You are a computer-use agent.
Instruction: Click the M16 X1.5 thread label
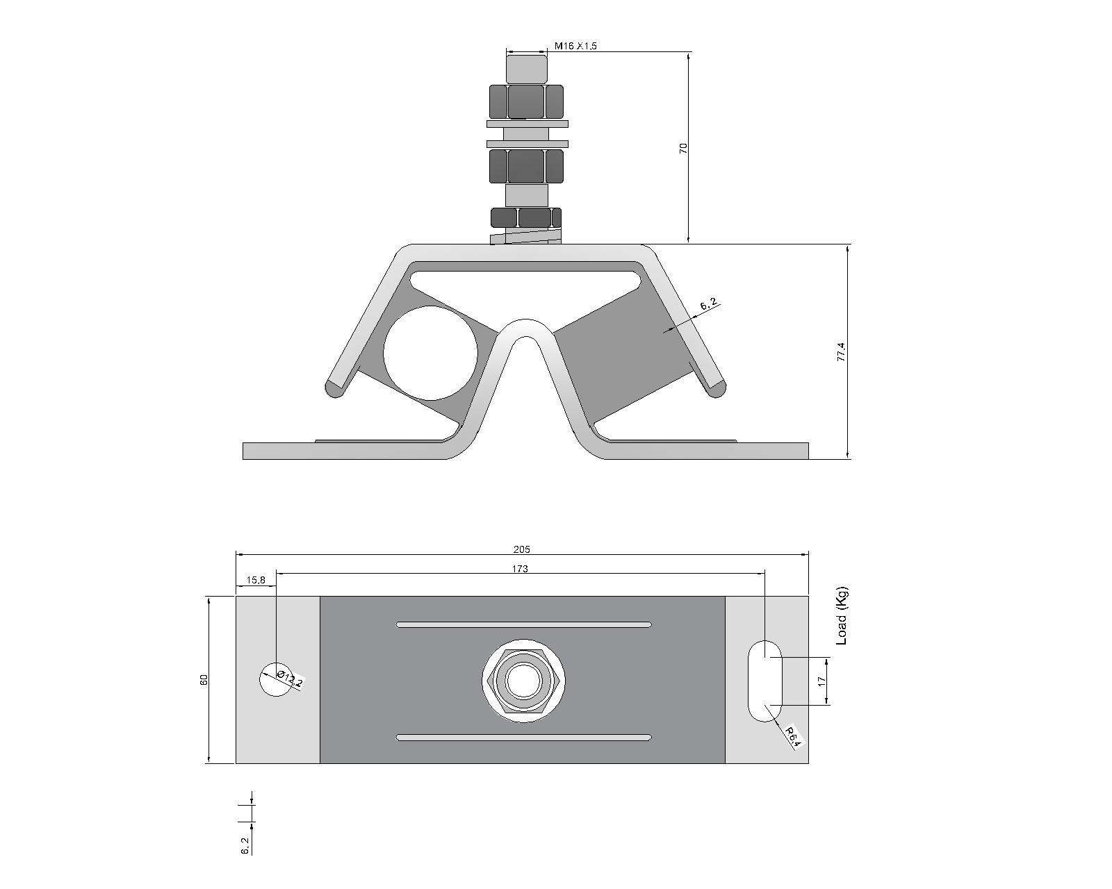coord(575,46)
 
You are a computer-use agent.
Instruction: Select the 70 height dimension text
coord(683,148)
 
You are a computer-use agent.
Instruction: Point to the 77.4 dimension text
coord(841,351)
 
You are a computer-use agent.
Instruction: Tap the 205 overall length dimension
coord(521,549)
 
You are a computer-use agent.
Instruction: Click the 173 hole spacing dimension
coord(520,568)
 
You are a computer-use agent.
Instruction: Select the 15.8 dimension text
coord(255,580)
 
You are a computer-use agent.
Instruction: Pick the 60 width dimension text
coord(204,679)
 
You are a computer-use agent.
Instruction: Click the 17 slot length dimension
coord(821,681)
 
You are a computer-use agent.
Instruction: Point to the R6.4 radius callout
coord(793,737)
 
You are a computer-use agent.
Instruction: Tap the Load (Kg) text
coord(841,616)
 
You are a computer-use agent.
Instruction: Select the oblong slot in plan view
coord(764,681)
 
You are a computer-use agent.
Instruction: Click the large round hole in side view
coord(430,353)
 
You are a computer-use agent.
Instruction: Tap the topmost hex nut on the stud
coord(526,101)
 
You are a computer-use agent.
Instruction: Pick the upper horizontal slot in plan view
coord(523,624)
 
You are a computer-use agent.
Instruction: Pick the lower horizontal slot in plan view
coord(523,737)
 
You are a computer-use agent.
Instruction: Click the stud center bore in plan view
coord(523,681)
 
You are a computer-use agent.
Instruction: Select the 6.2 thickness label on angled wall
coord(709,304)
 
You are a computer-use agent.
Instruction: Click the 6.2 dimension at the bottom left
coord(245,845)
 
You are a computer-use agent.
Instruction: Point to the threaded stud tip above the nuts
coord(526,69)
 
